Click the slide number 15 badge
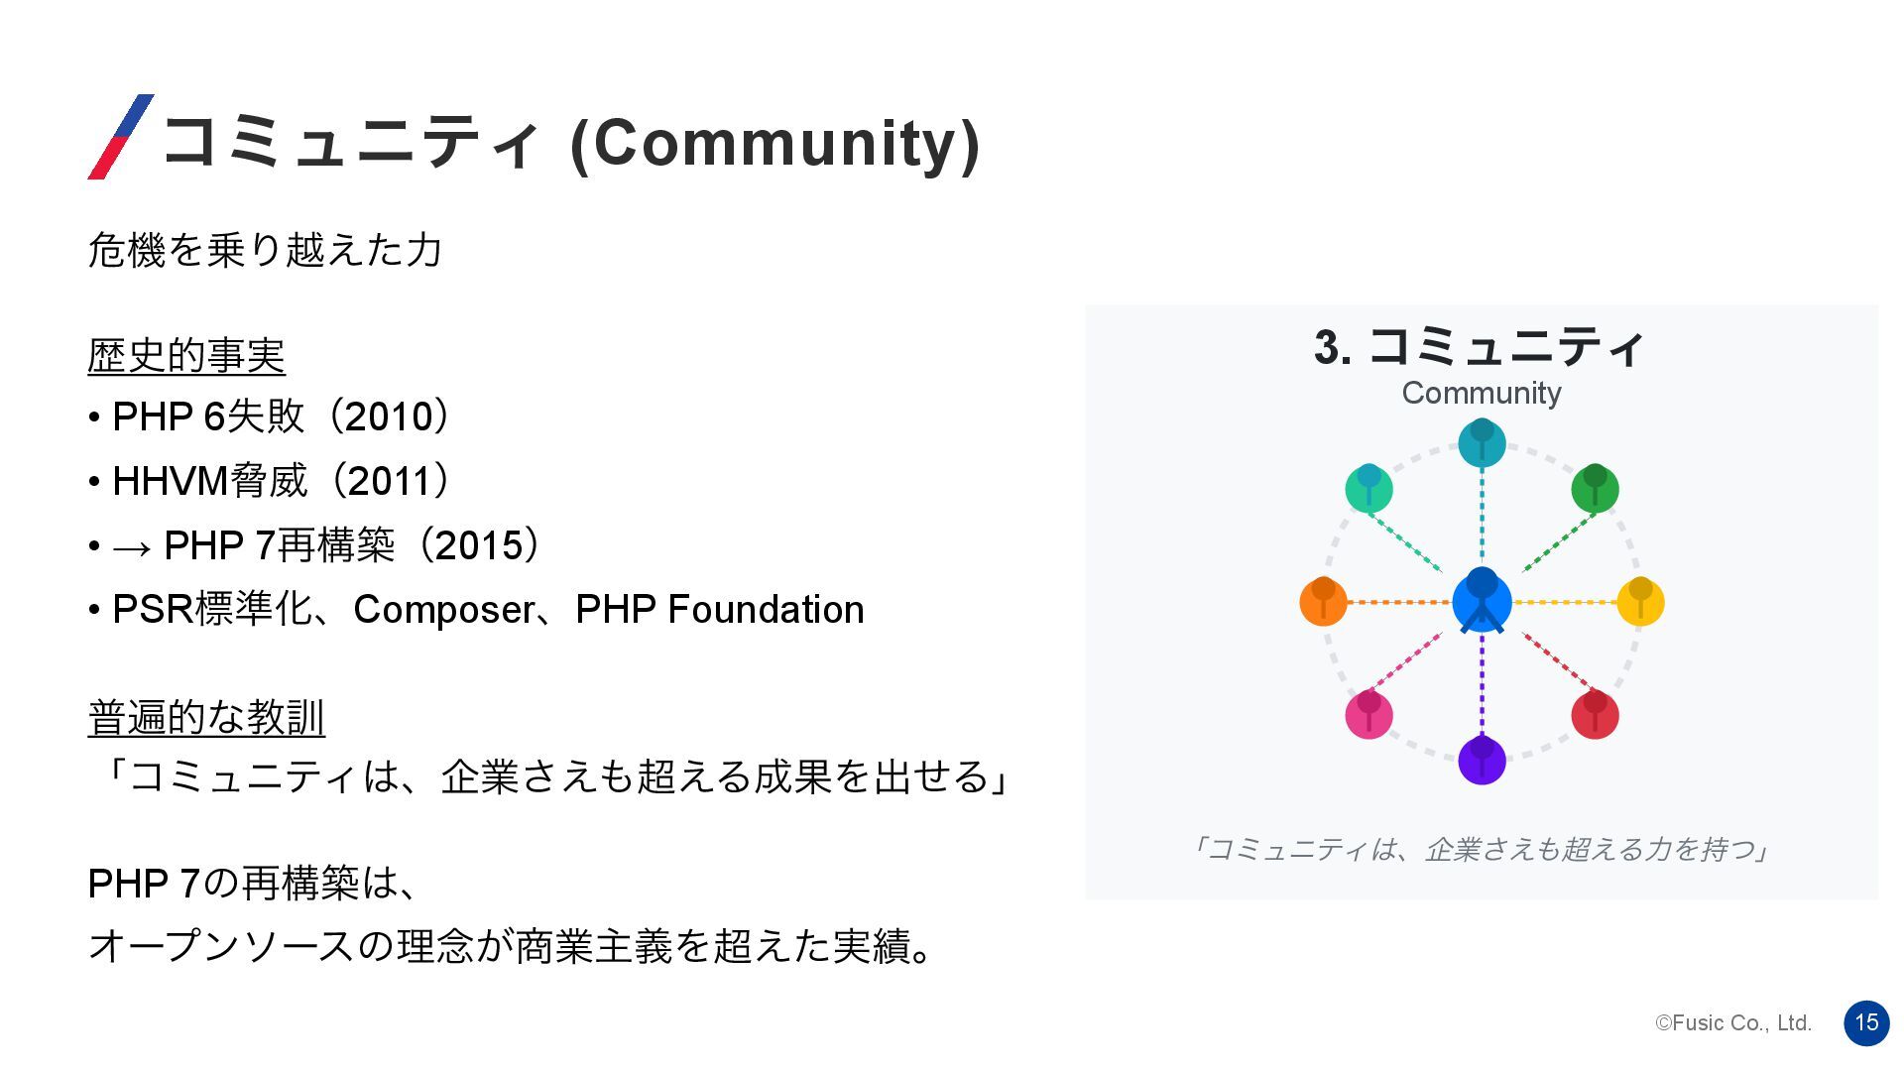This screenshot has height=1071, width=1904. tap(1866, 1022)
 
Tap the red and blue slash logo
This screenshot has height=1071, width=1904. tap(121, 137)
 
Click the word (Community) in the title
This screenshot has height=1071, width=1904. tap(775, 144)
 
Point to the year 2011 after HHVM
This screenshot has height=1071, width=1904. tap(391, 481)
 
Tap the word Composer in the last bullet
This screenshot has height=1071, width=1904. tap(443, 610)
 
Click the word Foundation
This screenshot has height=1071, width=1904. tap(766, 609)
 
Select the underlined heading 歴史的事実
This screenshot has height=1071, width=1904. tap(186, 356)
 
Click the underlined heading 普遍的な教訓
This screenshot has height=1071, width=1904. tap(206, 718)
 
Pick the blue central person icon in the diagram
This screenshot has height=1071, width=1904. tap(1482, 600)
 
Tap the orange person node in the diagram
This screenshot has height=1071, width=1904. tap(1323, 601)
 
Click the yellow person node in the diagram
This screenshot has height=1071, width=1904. tap(1640, 601)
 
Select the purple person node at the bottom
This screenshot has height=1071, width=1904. tap(1482, 761)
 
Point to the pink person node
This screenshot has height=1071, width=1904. tap(1368, 714)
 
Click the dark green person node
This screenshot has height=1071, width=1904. tap(1595, 488)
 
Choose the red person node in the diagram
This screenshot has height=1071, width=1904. tap(1595, 714)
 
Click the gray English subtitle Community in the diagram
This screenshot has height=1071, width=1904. tap(1482, 394)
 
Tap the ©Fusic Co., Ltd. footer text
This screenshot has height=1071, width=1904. tap(1733, 1023)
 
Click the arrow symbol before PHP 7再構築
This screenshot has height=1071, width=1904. tap(132, 547)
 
